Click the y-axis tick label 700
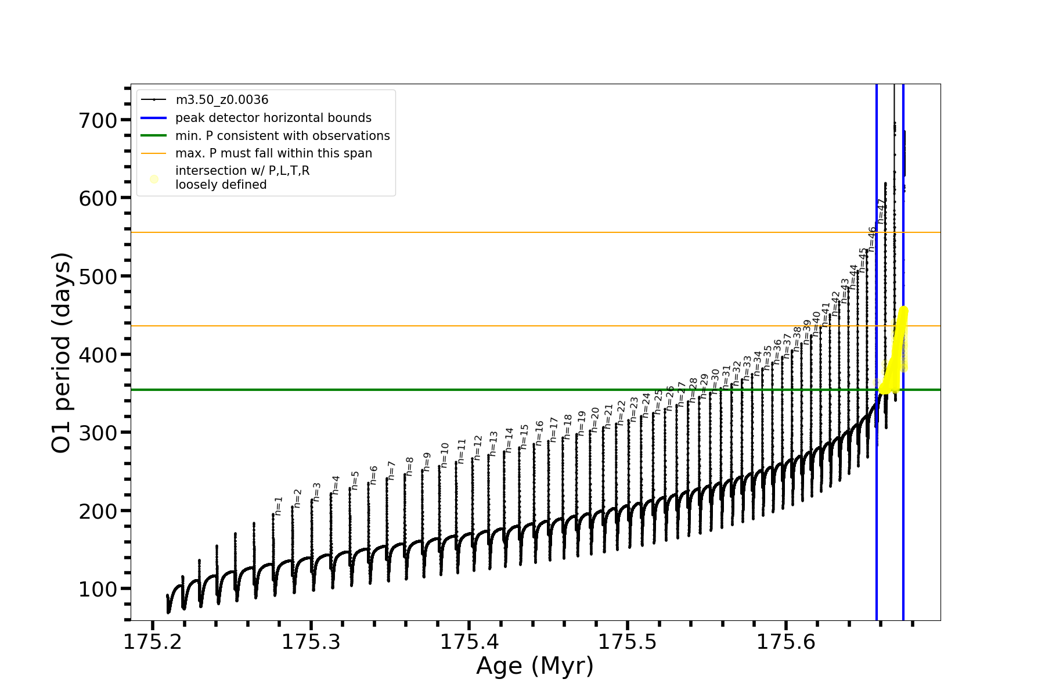coord(98,121)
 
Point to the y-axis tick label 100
coord(98,590)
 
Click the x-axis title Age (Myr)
coord(535,666)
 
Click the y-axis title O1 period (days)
coord(62,353)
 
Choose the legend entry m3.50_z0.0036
coord(222,100)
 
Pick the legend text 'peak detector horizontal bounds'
coord(273,118)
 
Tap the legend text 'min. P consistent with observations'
coord(282,136)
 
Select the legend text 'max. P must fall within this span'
coord(273,153)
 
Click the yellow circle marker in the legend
coord(154,179)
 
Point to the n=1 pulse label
coord(279,506)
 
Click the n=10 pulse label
coord(445,455)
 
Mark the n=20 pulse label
coord(595,419)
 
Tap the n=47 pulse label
coord(881,211)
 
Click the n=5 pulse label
coord(355,480)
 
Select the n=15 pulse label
coord(524,437)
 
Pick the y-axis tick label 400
coord(98,355)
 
